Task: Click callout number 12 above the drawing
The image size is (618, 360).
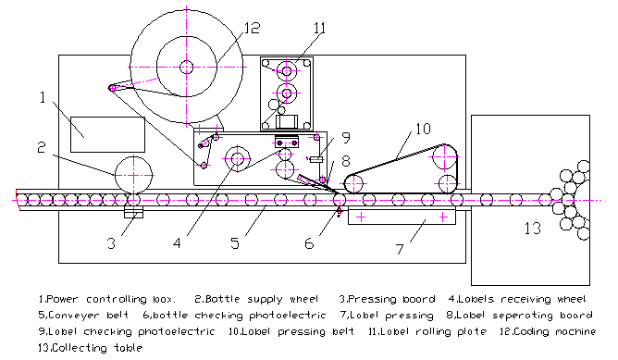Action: coord(253,28)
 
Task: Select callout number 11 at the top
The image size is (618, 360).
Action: coord(320,28)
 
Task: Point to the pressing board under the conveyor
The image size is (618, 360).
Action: coord(133,213)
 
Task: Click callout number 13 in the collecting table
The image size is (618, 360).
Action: coord(533,229)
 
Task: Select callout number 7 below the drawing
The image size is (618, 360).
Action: coord(400,249)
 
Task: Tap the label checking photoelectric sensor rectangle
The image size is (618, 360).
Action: coord(316,159)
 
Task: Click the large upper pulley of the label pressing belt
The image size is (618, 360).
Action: coord(445,157)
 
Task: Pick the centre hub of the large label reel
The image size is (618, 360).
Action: coord(187,67)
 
